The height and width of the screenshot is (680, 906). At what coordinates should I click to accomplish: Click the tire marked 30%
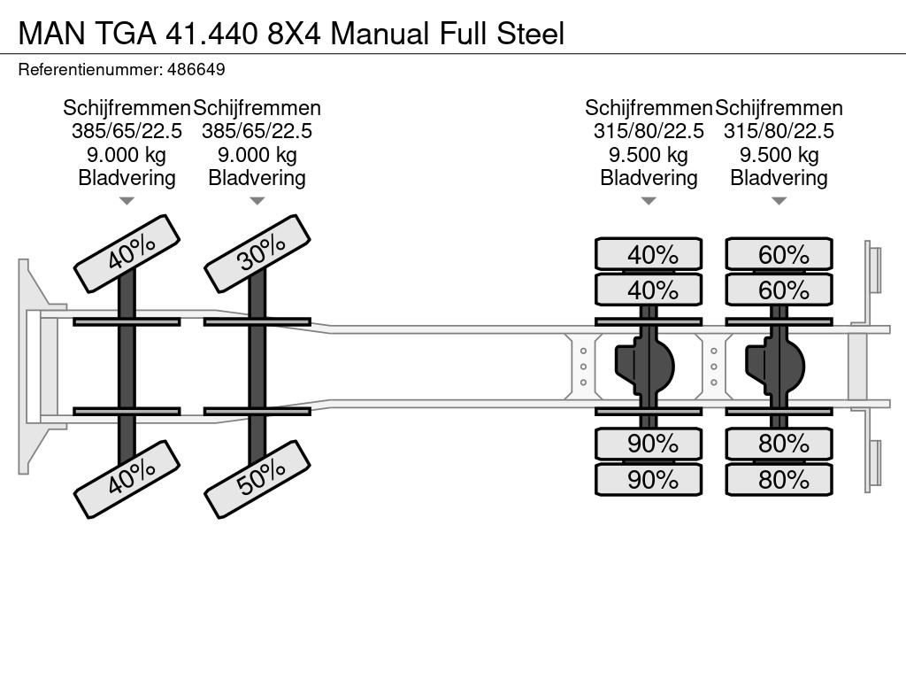point(257,254)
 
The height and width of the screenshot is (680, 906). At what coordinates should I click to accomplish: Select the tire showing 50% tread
point(257,479)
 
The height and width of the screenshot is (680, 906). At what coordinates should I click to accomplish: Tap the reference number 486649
point(196,69)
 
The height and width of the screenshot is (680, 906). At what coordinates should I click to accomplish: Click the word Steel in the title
point(531,33)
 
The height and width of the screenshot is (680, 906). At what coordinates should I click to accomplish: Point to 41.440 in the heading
point(211,33)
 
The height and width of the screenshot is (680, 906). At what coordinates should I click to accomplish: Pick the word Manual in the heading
point(380,33)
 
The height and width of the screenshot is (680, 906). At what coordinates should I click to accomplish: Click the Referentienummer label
point(90,69)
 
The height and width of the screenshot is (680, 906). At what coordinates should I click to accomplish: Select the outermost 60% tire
point(779,254)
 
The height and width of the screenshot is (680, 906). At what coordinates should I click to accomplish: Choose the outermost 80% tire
point(779,479)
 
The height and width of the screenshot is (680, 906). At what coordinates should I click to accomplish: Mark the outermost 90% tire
point(649,479)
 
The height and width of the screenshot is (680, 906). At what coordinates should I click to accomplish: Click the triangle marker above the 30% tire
point(257,201)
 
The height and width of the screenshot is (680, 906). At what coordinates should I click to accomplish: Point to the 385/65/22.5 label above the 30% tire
point(257,131)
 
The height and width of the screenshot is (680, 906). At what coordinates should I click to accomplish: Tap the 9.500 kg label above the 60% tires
point(779,154)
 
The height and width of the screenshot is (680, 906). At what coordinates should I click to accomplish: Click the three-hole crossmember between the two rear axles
point(714,366)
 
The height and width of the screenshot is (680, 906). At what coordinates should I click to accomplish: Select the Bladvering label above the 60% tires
point(779,177)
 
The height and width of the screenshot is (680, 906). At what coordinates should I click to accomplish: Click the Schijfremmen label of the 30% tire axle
point(257,108)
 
